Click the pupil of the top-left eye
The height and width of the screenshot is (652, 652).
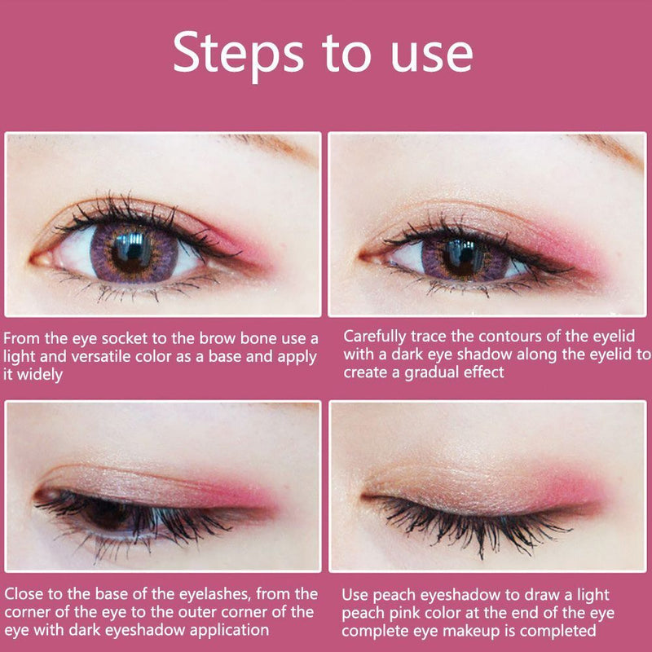132,250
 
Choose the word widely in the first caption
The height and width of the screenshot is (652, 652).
40,375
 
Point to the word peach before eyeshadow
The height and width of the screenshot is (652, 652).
394,596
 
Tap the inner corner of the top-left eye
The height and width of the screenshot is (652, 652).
35,260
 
